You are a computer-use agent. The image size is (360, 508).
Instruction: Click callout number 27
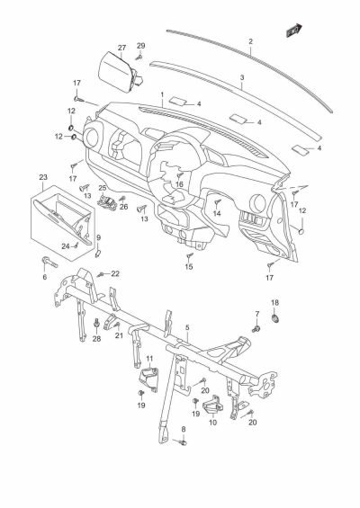click(x=121, y=48)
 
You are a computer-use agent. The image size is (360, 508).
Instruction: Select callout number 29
click(x=140, y=45)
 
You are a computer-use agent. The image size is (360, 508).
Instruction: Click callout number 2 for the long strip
click(x=250, y=40)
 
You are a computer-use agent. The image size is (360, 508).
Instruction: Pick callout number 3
click(x=242, y=78)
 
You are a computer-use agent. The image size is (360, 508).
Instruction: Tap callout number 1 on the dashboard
click(x=161, y=94)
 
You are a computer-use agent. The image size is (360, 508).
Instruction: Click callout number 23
click(x=43, y=177)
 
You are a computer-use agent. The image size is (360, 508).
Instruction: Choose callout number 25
click(x=103, y=188)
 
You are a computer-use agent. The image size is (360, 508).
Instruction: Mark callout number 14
click(x=217, y=213)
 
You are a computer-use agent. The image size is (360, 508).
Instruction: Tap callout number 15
click(x=189, y=267)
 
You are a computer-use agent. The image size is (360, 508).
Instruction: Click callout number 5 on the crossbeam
click(x=186, y=328)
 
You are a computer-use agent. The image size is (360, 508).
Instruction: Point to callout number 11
click(x=150, y=360)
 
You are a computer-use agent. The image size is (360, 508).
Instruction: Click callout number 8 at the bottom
click(x=184, y=430)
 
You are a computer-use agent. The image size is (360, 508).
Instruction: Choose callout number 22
click(x=115, y=273)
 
